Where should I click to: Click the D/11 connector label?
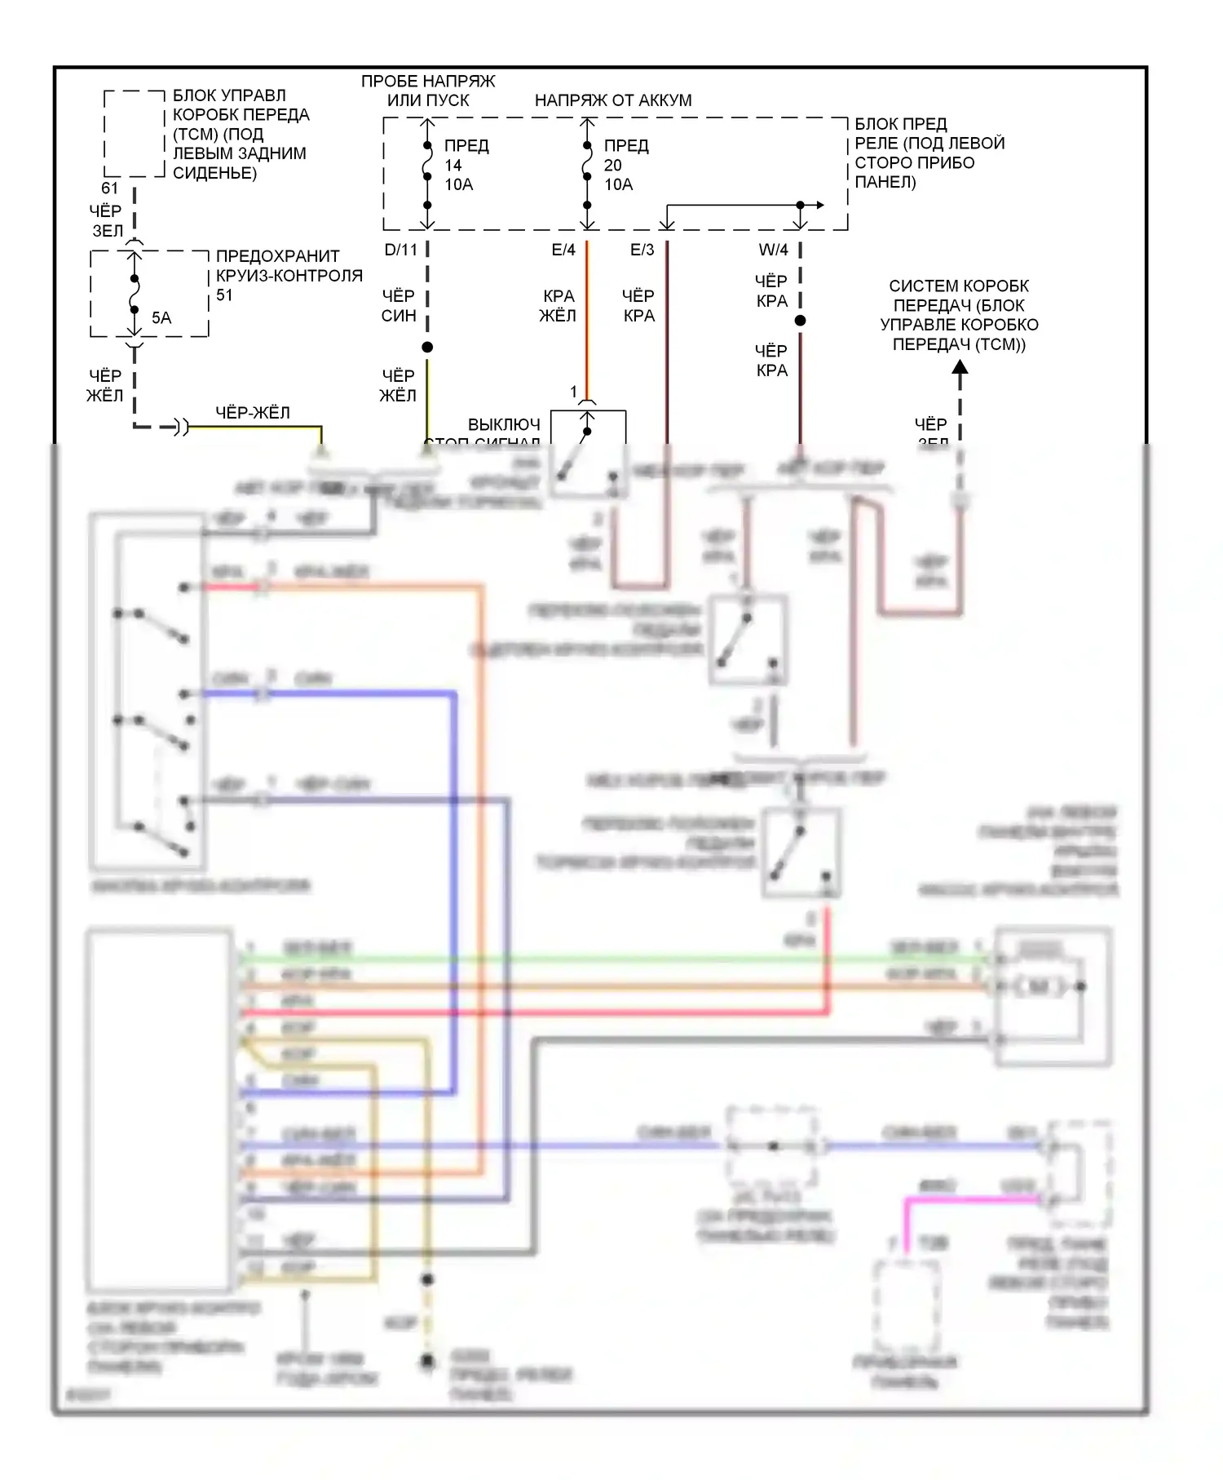pyautogui.click(x=400, y=250)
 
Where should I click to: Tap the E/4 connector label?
pyautogui.click(x=563, y=250)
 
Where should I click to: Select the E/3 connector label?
pyautogui.click(x=642, y=250)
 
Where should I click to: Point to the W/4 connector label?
pyautogui.click(x=773, y=250)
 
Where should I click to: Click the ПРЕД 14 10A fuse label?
pyautogui.click(x=466, y=165)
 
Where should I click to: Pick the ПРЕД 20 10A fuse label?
pyautogui.click(x=625, y=165)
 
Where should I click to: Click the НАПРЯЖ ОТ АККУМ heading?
pyautogui.click(x=613, y=100)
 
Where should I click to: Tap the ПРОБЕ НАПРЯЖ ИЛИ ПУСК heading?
pyautogui.click(x=428, y=91)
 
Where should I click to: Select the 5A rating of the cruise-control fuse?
pyautogui.click(x=161, y=318)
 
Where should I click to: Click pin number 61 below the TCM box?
pyautogui.click(x=110, y=188)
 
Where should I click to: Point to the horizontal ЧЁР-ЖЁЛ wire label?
pyautogui.click(x=253, y=413)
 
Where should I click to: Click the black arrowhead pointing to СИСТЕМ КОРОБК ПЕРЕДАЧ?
pyautogui.click(x=960, y=368)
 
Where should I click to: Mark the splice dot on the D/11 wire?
pyautogui.click(x=427, y=348)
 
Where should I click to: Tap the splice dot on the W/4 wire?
pyautogui.click(x=801, y=321)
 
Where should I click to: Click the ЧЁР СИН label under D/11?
pyautogui.click(x=399, y=306)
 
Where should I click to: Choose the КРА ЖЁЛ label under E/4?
pyautogui.click(x=559, y=306)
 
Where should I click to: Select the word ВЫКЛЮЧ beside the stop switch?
pyautogui.click(x=504, y=424)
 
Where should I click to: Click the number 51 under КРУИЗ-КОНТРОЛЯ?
pyautogui.click(x=224, y=295)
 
